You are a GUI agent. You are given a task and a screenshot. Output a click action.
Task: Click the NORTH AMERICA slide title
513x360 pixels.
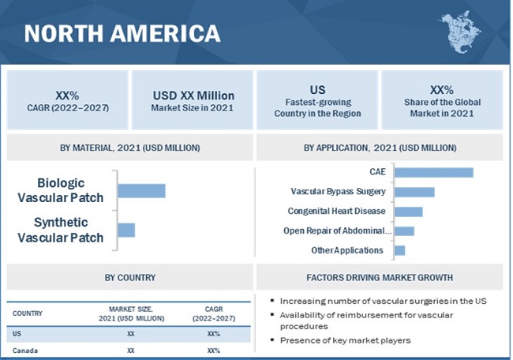[x=122, y=33]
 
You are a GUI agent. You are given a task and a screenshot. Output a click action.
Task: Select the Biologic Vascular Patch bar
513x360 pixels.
[x=141, y=190]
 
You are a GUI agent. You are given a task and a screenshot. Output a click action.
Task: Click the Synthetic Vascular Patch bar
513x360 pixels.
[x=126, y=230]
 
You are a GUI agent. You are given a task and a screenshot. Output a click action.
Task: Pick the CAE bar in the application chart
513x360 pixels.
[x=433, y=172]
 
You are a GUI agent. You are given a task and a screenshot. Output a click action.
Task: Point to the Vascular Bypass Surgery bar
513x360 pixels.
[x=414, y=192]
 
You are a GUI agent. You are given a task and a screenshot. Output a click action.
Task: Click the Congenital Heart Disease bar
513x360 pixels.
[x=408, y=212]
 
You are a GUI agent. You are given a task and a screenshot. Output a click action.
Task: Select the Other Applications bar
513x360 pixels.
[x=399, y=250]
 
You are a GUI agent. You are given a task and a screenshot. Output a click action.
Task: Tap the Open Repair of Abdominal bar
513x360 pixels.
[x=404, y=231]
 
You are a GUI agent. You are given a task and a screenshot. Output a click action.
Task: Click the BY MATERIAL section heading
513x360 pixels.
[x=129, y=148]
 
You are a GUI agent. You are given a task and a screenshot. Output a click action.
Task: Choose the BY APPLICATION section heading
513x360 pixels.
[x=379, y=148]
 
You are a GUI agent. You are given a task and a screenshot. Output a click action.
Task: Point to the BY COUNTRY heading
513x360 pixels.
[x=129, y=278]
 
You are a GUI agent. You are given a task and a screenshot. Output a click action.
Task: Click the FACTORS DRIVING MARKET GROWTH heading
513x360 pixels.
[x=379, y=278]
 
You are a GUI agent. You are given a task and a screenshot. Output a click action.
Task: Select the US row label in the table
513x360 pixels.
[x=17, y=334]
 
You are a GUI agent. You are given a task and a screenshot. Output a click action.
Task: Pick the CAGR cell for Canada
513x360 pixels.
[x=213, y=350]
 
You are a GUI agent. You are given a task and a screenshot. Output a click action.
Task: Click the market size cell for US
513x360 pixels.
[x=131, y=334]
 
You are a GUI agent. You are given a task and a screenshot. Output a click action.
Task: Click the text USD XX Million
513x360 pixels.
[x=193, y=96]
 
